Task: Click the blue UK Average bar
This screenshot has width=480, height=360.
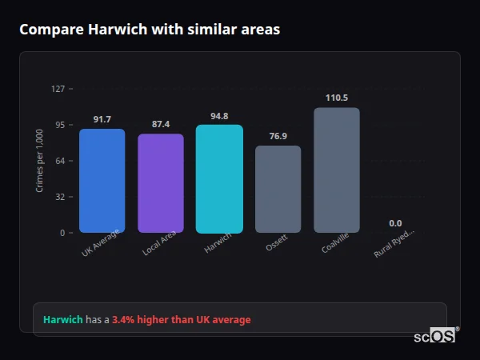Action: pos(102,181)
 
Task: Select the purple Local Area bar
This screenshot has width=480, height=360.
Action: pos(161,183)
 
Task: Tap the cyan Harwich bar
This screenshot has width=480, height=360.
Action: pos(219,178)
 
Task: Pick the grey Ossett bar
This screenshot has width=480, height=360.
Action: pos(278,189)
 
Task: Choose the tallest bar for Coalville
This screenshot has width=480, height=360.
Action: pos(337,170)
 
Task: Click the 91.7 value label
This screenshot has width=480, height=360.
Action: pos(102,119)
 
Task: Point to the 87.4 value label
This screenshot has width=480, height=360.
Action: pos(161,124)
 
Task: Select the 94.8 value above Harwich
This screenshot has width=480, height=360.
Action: pos(219,116)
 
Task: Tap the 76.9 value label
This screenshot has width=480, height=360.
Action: pos(278,137)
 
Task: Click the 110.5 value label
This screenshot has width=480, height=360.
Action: pos(337,98)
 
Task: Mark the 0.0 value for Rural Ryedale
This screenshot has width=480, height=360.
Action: pos(395,223)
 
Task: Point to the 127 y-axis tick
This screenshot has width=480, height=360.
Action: pos(58,89)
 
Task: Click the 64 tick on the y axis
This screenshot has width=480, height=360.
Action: pos(60,161)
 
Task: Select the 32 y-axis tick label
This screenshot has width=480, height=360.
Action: pos(60,197)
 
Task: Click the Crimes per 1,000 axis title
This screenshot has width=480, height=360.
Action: pos(40,161)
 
